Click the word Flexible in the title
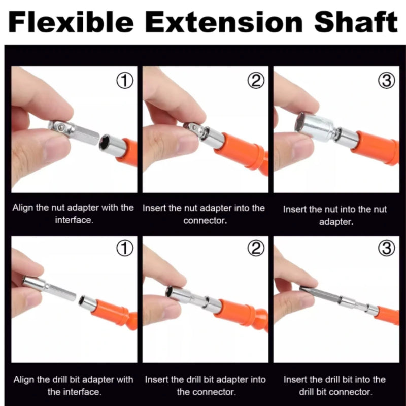point(71,22)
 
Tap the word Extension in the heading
point(224,22)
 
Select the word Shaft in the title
point(356,22)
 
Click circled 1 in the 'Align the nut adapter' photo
point(125,81)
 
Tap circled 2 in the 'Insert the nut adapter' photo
point(256,81)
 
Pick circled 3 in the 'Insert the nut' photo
point(387,81)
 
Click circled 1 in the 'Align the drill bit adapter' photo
point(125,248)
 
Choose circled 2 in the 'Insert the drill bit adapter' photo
point(256,248)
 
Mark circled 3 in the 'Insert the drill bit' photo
point(387,248)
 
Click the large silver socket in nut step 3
point(315,127)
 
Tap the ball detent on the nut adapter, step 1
point(60,127)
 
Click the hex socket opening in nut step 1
point(106,142)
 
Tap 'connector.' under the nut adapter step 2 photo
point(205,221)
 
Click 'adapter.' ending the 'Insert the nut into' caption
point(336,222)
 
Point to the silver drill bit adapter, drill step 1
point(49,288)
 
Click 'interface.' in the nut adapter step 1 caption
point(74,220)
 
